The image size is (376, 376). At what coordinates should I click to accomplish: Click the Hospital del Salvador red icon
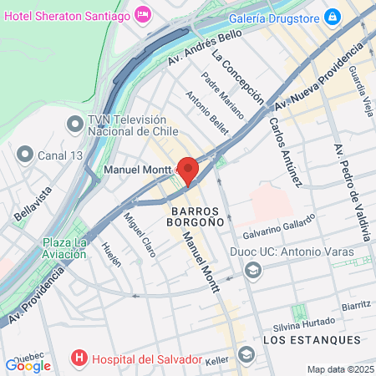80,359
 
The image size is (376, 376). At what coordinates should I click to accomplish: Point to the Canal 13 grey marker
24,154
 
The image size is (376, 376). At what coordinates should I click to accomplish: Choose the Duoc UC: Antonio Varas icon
253,269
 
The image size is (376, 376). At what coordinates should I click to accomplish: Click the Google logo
28,364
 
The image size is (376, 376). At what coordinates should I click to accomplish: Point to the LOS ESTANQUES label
311,340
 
